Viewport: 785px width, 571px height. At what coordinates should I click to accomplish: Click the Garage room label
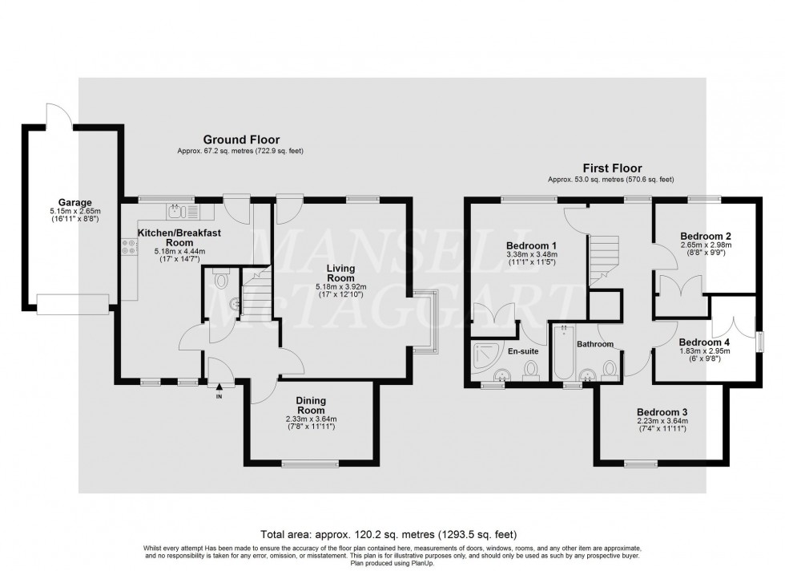tap(74, 202)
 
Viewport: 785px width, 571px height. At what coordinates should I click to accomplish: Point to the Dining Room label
tap(311, 404)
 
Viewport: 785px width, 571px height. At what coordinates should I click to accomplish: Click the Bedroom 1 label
tap(532, 245)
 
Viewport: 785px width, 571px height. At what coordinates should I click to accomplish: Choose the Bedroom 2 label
tap(705, 235)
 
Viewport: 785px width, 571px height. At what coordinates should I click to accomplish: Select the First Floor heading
tap(611, 168)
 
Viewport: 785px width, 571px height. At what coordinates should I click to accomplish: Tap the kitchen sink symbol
tap(178, 212)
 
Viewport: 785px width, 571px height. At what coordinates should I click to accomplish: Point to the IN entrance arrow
tap(219, 388)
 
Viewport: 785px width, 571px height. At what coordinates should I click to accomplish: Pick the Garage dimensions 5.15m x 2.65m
tap(74, 213)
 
